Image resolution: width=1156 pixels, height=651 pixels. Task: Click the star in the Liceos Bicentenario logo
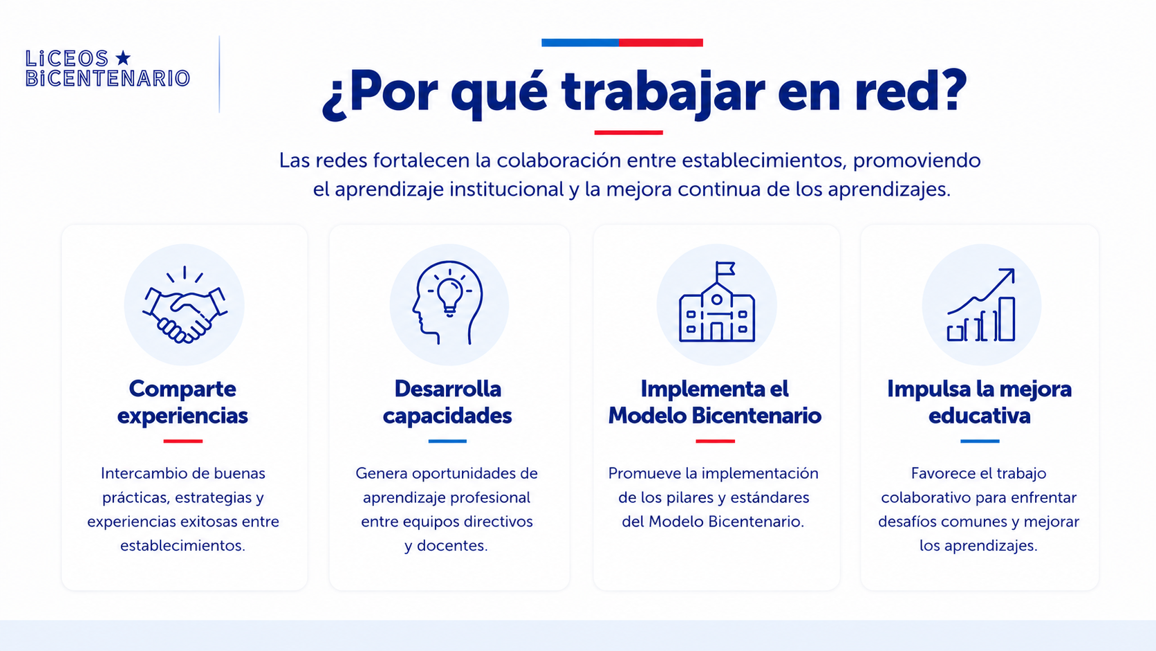(x=123, y=58)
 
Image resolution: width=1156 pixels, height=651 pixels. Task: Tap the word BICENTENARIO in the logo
(x=108, y=78)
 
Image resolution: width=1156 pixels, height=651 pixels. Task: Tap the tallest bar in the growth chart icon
(x=1007, y=319)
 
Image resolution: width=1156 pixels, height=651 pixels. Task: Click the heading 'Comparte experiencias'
(x=183, y=402)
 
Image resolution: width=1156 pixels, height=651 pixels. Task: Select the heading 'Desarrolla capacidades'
(x=447, y=402)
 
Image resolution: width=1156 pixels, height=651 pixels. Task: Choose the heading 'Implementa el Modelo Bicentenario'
(x=715, y=402)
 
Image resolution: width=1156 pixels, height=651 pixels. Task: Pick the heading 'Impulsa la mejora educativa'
(x=980, y=402)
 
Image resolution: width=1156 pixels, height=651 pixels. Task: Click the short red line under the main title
(x=628, y=133)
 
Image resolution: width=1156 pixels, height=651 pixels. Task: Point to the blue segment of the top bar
(x=580, y=43)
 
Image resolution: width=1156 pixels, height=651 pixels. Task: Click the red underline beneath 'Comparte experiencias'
(x=183, y=441)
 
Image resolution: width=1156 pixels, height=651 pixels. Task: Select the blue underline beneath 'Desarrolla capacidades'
(x=447, y=441)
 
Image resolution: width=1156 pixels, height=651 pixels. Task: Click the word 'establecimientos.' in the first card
(x=183, y=545)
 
